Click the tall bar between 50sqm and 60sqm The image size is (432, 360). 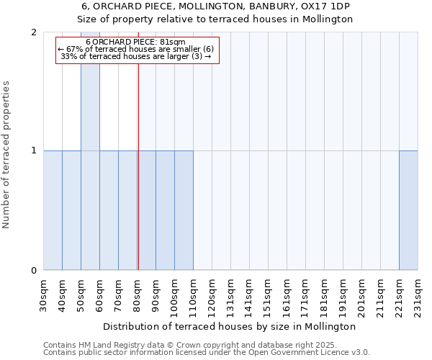click(x=90, y=151)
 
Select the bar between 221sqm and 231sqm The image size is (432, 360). click(x=408, y=210)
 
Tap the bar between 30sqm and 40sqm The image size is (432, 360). click(x=53, y=210)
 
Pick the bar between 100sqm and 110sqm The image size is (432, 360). click(x=184, y=210)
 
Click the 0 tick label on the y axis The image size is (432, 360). click(x=34, y=271)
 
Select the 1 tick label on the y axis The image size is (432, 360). click(x=34, y=151)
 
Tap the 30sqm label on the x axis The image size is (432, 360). click(x=44, y=295)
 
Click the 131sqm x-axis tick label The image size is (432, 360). click(x=231, y=296)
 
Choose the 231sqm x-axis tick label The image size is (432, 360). click(x=418, y=296)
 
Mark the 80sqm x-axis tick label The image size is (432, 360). click(x=138, y=295)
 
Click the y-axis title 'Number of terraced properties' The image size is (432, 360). click(x=7, y=155)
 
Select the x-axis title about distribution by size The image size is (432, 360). click(x=230, y=326)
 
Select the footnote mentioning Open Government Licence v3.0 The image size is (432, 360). click(x=206, y=352)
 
